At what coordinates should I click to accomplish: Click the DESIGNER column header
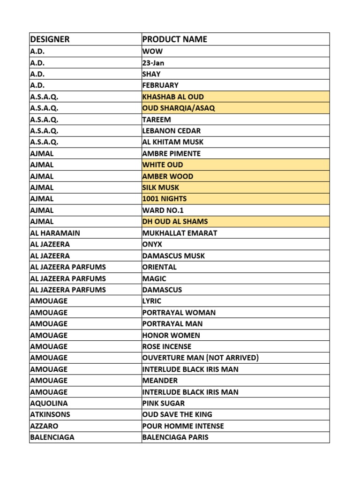[50, 39]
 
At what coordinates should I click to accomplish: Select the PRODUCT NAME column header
[174, 39]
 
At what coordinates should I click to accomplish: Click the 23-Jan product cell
[153, 63]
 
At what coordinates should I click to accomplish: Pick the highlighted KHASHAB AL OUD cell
[173, 97]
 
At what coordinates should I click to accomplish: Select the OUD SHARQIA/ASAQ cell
[179, 108]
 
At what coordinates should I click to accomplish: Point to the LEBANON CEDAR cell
[172, 131]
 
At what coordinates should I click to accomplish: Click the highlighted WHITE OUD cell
[163, 165]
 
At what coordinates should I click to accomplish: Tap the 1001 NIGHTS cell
[165, 199]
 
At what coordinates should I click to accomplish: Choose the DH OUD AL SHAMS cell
[175, 222]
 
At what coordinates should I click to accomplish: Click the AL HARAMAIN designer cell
[55, 233]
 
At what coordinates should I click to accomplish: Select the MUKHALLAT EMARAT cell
[180, 233]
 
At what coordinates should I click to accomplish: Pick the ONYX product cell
[152, 244]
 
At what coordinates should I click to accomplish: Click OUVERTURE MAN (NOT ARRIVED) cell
[200, 358]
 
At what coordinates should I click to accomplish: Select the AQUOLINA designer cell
[49, 403]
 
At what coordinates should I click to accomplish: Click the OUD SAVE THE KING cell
[177, 414]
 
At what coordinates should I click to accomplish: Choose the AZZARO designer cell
[45, 426]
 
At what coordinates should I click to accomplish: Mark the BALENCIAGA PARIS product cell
[175, 437]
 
